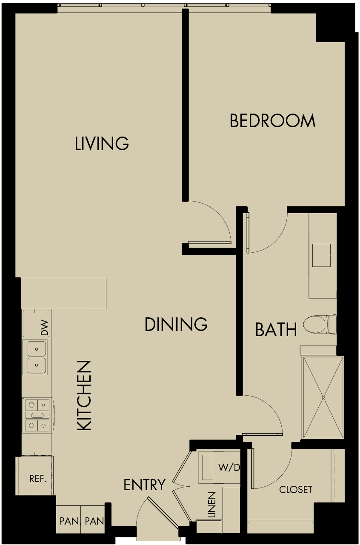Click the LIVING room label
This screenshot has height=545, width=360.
click(102, 144)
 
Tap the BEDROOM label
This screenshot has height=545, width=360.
click(272, 121)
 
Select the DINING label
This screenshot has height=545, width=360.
click(176, 325)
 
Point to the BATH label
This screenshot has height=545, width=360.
click(276, 330)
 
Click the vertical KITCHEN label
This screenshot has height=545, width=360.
click(85, 396)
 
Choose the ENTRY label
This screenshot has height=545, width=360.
click(144, 485)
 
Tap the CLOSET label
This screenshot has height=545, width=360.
click(296, 490)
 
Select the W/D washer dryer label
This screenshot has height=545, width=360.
click(229, 468)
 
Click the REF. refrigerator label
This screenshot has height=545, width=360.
click(37, 479)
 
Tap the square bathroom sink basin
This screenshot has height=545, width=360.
click(321, 255)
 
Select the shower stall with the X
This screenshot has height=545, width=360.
click(323, 397)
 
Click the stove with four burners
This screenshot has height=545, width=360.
click(37, 415)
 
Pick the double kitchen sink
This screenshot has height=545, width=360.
click(37, 357)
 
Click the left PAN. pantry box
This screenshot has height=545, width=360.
click(68, 520)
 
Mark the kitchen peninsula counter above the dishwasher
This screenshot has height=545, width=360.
click(63, 293)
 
